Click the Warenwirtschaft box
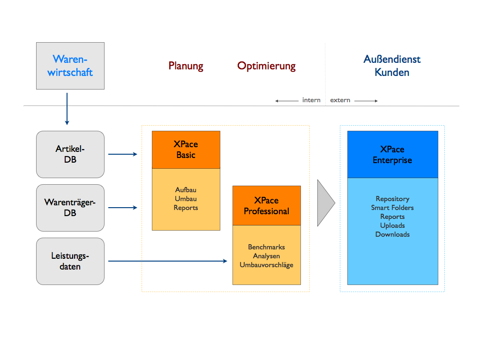70,66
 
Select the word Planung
186,66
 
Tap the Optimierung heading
266,66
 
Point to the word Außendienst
392,60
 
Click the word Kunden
392,73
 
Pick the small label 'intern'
311,100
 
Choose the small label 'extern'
340,100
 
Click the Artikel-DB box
70,154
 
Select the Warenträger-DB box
70,208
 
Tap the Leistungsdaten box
70,261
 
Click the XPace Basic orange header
186,150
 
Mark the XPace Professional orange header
267,206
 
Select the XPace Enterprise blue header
392,155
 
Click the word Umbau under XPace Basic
186,199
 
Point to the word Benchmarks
266,247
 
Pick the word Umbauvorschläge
266,265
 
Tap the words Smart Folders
392,208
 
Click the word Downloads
392,234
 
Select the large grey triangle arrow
325,202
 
